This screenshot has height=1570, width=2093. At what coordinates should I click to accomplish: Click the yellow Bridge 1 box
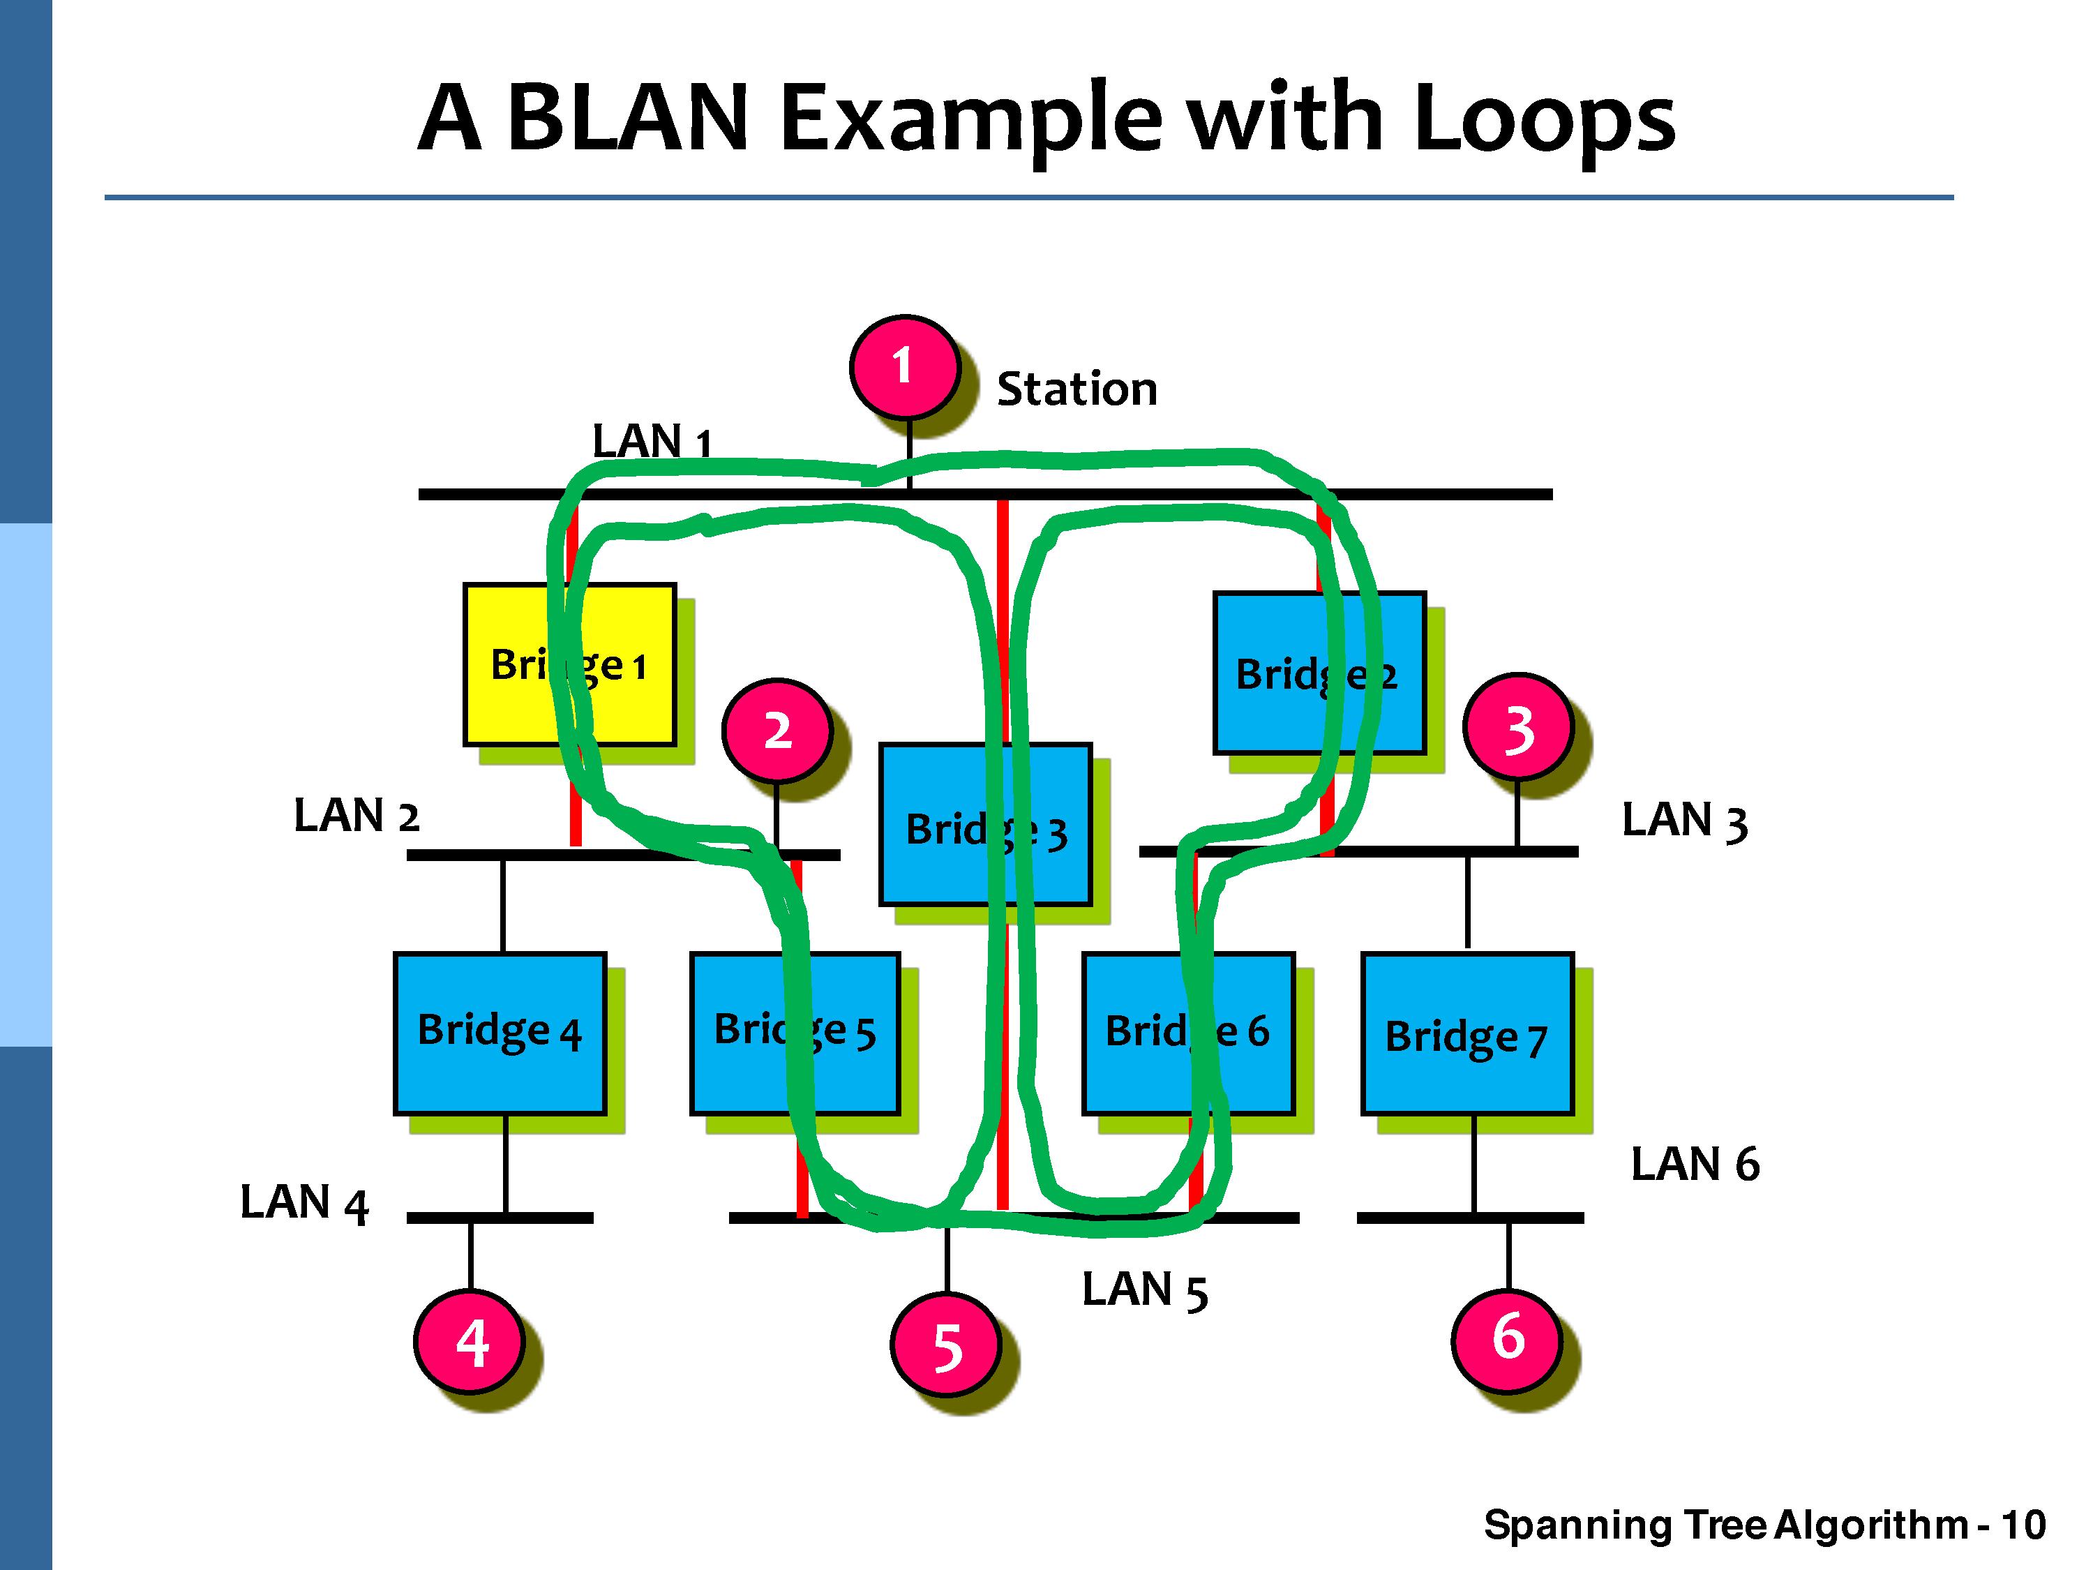569,664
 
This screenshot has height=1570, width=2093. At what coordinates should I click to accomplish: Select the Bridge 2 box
1319,673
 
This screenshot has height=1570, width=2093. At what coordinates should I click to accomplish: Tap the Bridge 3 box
985,824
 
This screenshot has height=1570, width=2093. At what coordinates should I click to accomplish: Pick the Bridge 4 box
500,1033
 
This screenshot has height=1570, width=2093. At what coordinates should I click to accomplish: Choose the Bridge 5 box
795,1033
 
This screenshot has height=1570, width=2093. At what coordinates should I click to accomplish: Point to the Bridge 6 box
1187,1033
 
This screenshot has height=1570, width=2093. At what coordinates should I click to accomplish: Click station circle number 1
903,366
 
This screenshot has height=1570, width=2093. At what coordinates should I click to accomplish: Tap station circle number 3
1517,728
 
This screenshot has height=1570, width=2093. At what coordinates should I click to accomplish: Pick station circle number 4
470,1341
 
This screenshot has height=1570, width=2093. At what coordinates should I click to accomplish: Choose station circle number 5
946,1347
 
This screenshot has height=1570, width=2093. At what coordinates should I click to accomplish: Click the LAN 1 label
651,442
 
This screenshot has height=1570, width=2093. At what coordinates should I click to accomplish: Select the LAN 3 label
1684,821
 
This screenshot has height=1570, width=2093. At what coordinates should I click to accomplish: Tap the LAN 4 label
303,1203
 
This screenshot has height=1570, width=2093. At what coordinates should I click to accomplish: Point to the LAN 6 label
1695,1164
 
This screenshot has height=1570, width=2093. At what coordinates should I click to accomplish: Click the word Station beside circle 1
1076,389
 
